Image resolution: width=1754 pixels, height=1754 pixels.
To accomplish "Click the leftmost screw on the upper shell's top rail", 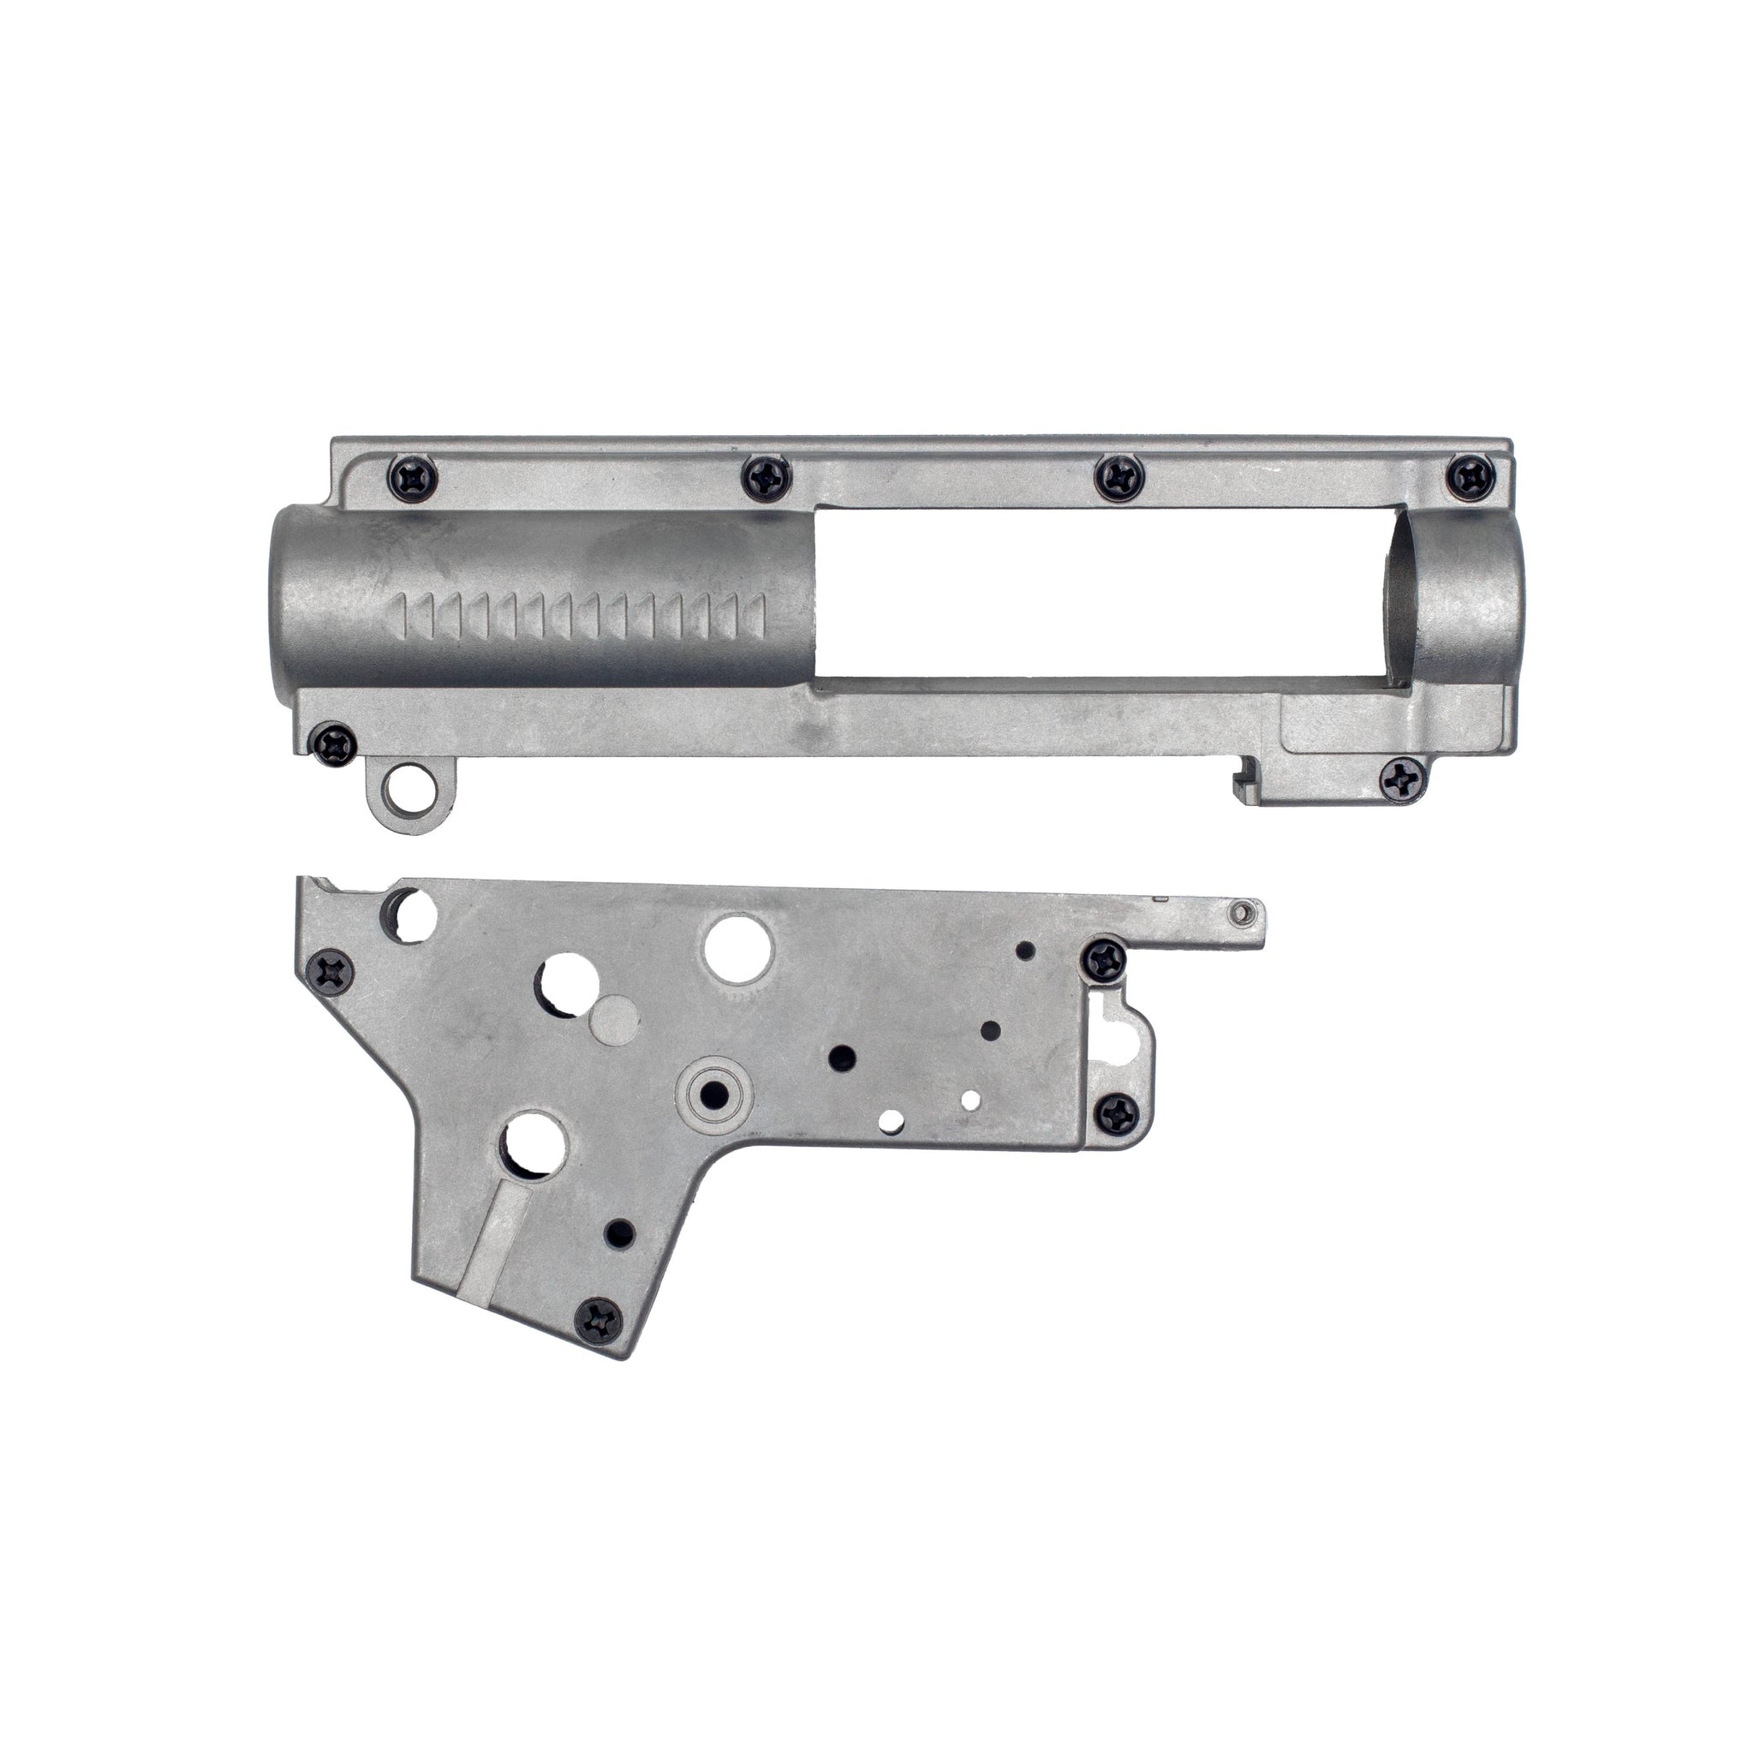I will click(414, 474).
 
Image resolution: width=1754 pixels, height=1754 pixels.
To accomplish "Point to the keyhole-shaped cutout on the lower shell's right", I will click(1124, 1035).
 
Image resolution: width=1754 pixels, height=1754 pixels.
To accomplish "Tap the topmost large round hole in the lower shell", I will click(737, 949).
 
